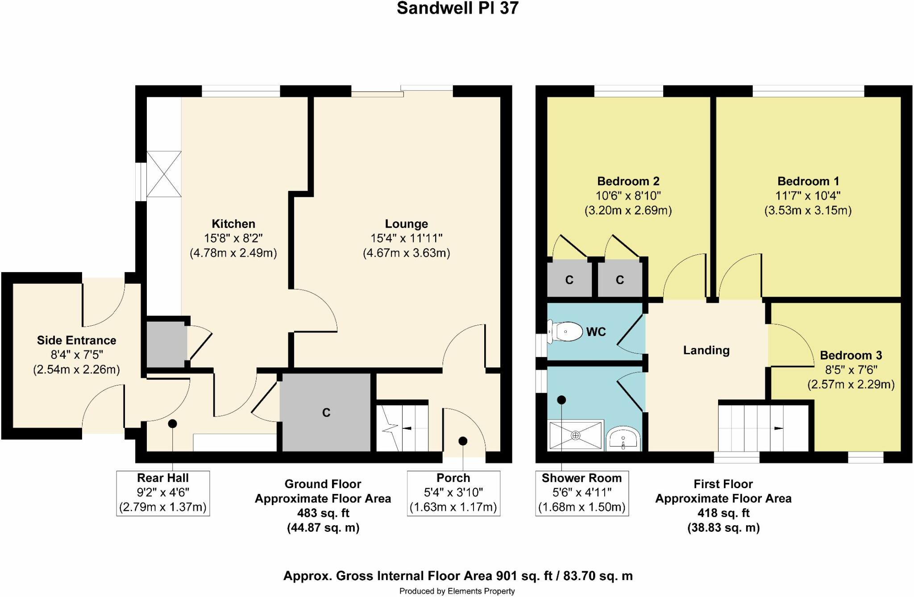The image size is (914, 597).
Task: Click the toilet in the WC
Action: pyautogui.click(x=565, y=332)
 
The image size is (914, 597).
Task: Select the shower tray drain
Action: pyautogui.click(x=576, y=435)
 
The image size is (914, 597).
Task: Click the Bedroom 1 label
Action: pyautogui.click(x=808, y=181)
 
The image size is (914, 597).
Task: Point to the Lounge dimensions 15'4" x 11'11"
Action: pyautogui.click(x=406, y=238)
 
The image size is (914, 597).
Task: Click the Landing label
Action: pyautogui.click(x=706, y=350)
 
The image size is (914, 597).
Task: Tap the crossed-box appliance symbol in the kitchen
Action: pyautogui.click(x=164, y=174)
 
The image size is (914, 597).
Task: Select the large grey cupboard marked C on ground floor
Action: pyautogui.click(x=326, y=412)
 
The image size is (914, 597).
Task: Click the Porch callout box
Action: pyautogui.click(x=453, y=493)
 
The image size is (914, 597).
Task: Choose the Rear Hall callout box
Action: pyautogui.click(x=163, y=493)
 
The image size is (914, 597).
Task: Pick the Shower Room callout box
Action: pyautogui.click(x=582, y=493)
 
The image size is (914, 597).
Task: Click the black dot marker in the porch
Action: pyautogui.click(x=463, y=441)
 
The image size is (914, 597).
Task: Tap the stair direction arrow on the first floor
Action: pyautogui.click(x=778, y=428)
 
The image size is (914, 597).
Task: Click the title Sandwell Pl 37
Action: pyautogui.click(x=457, y=8)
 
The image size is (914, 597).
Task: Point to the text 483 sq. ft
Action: pyautogui.click(x=323, y=513)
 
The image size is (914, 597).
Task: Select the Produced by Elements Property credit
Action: pyautogui.click(x=457, y=591)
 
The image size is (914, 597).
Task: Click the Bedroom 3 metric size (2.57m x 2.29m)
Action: pyautogui.click(x=851, y=384)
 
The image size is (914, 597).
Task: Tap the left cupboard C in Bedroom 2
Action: pyautogui.click(x=569, y=280)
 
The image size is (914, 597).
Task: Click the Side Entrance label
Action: pyautogui.click(x=76, y=340)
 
